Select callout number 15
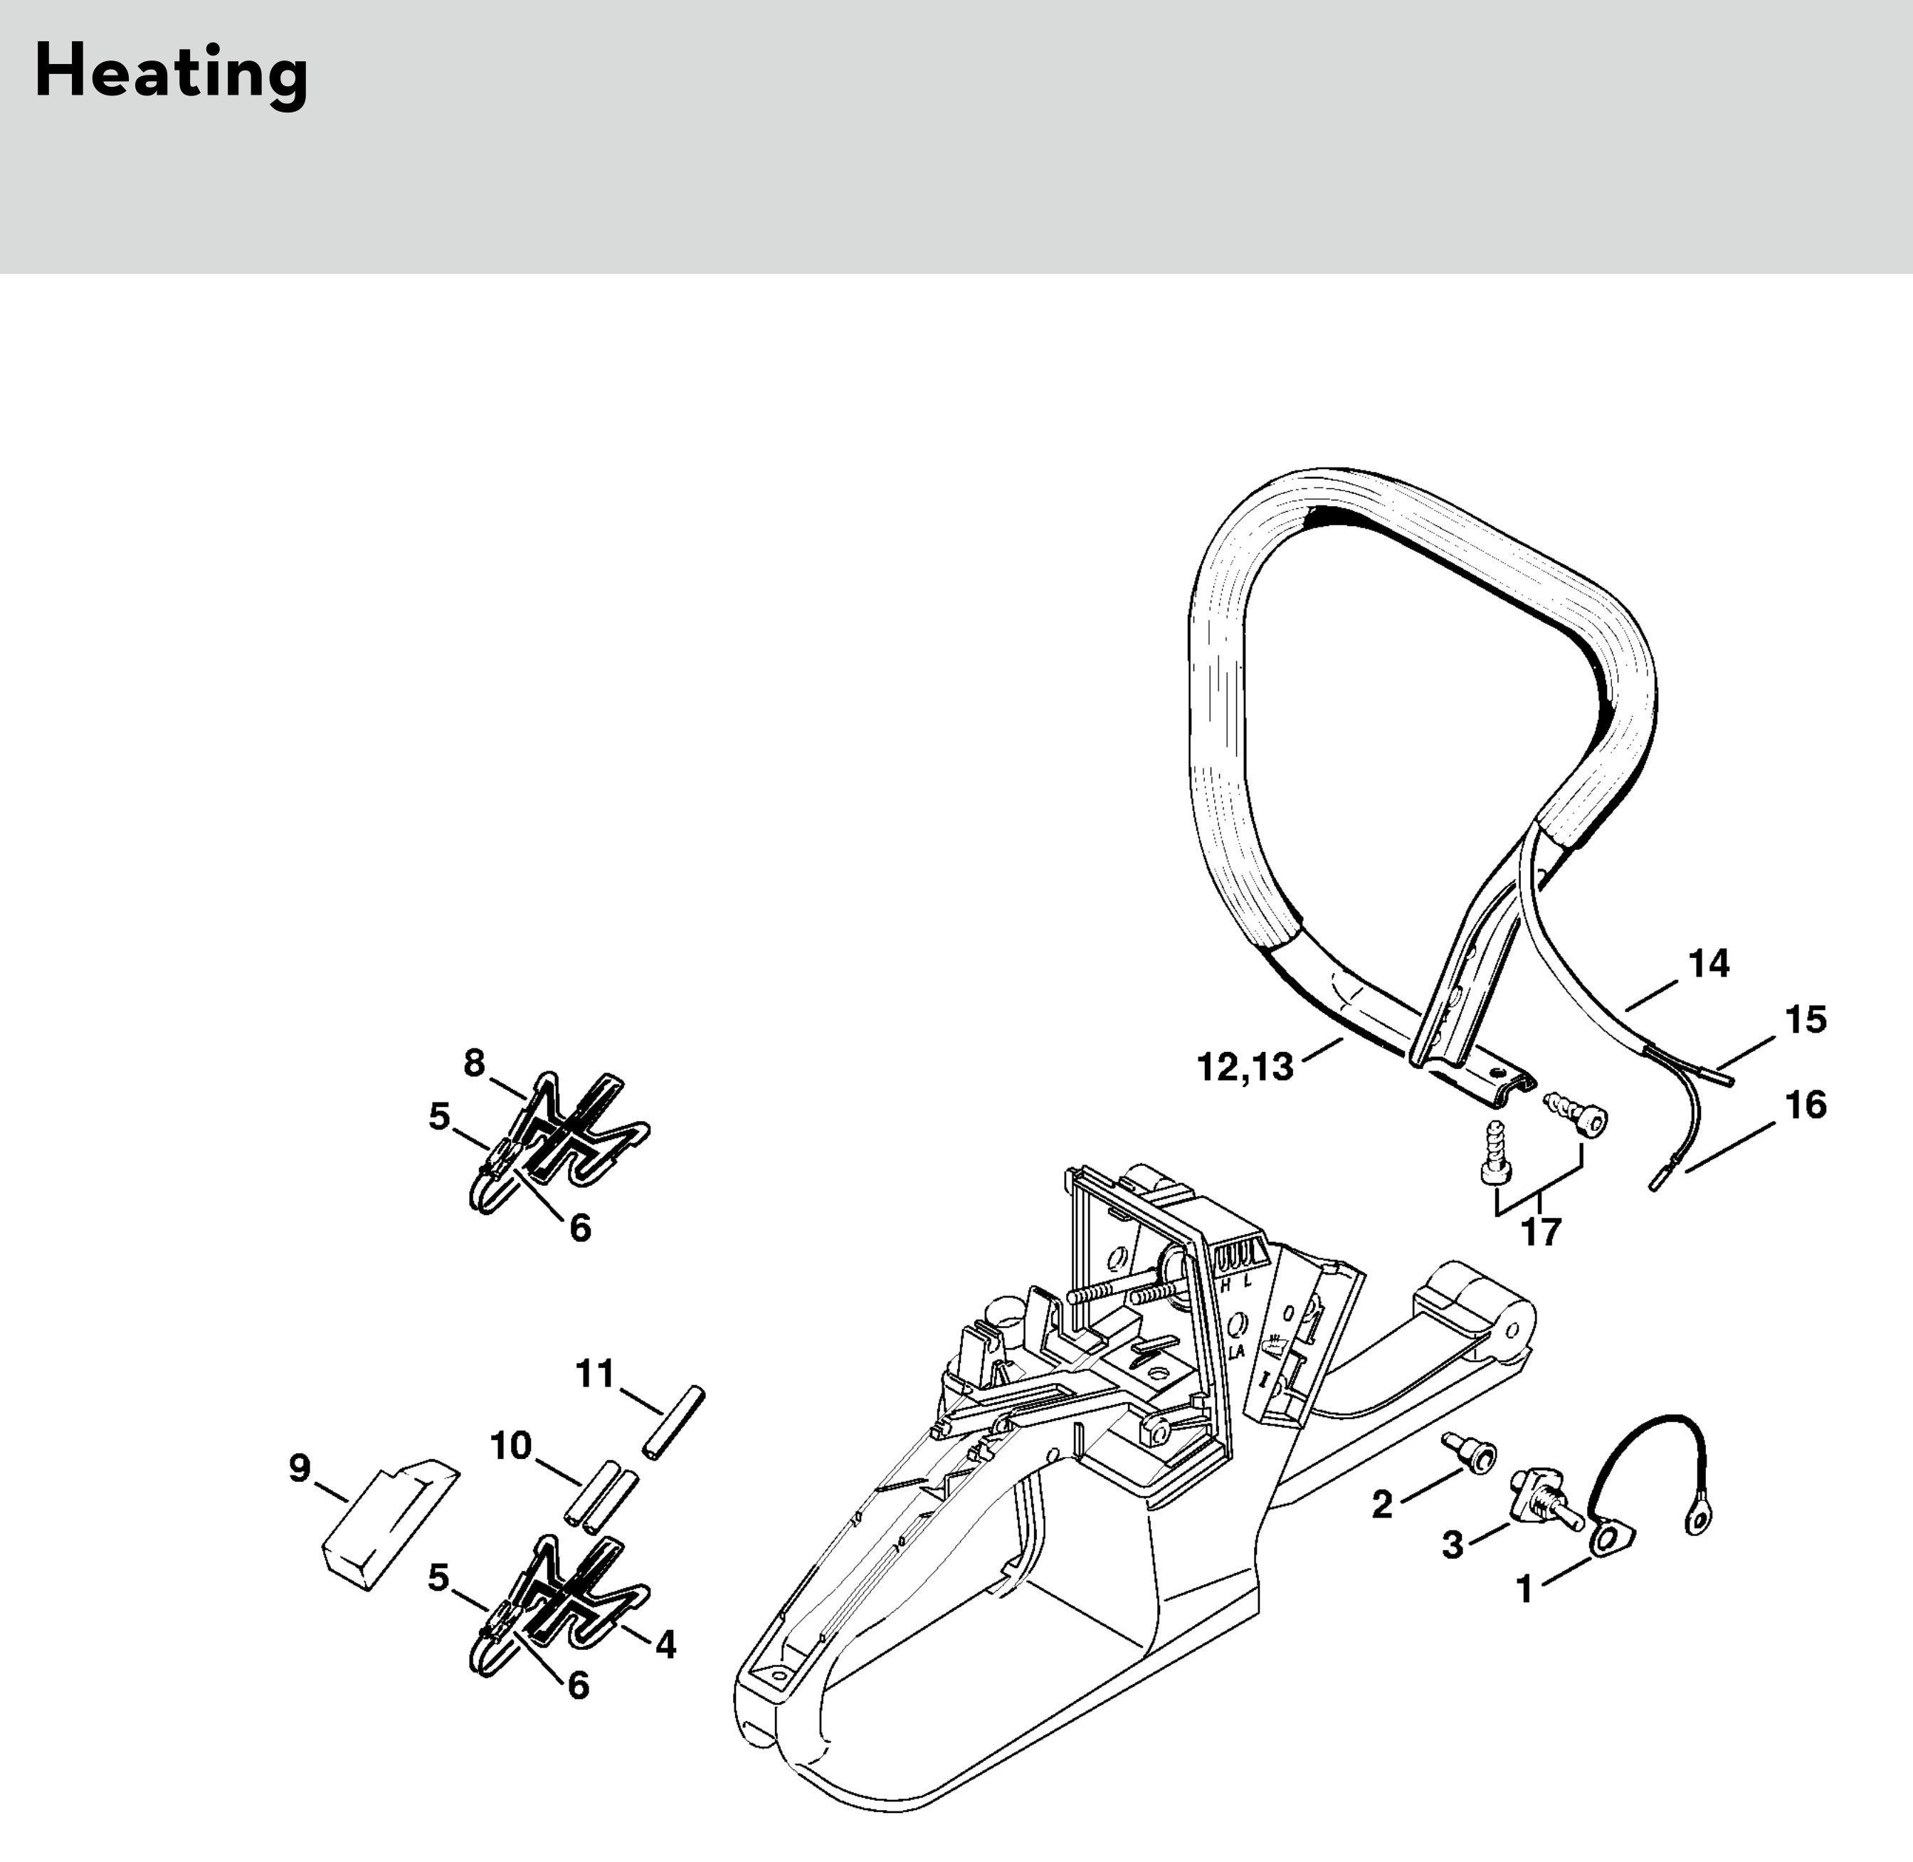[1806, 1020]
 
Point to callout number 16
[1806, 1105]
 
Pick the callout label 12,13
[1245, 1067]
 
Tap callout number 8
[475, 1063]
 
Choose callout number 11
[595, 1374]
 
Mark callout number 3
[1453, 1545]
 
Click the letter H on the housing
[1226, 1285]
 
